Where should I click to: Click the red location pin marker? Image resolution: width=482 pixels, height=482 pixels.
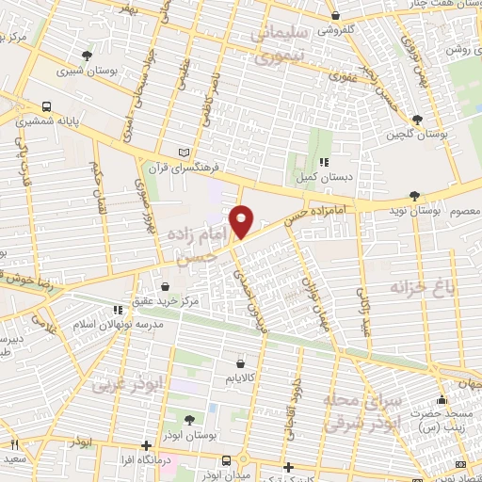click(x=242, y=221)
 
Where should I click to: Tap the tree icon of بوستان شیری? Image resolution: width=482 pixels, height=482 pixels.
click(x=88, y=56)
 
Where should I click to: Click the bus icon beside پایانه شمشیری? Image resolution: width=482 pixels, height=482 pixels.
click(x=46, y=106)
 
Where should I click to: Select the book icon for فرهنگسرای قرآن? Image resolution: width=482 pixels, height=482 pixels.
click(x=184, y=152)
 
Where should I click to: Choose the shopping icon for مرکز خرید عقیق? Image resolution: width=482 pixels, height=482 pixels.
click(x=166, y=286)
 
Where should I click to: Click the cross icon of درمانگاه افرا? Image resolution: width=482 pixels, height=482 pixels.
click(x=145, y=445)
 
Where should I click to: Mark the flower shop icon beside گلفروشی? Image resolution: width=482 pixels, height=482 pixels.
click(x=338, y=16)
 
